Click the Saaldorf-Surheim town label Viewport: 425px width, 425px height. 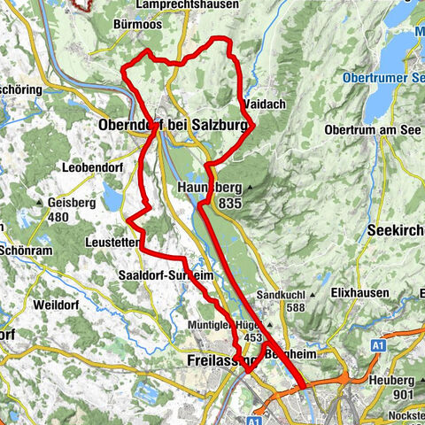166,276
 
